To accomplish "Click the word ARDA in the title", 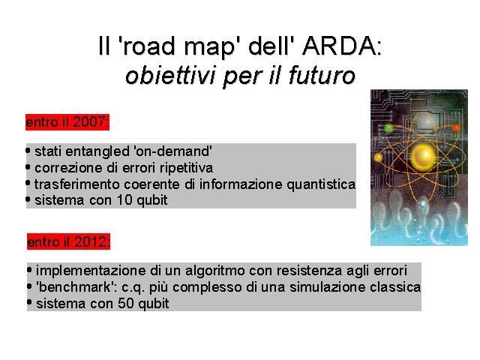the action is pyautogui.click(x=342, y=46).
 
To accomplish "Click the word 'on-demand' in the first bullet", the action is pyautogui.click(x=172, y=151).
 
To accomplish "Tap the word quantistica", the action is pyautogui.click(x=321, y=184).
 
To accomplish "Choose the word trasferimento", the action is pyautogui.click(x=76, y=184).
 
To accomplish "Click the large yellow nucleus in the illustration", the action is pyautogui.click(x=423, y=157).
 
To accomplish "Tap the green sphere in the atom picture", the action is pyautogui.click(x=388, y=127).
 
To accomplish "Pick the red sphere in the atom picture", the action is pyautogui.click(x=456, y=127).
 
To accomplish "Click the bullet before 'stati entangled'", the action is pyautogui.click(x=28, y=151).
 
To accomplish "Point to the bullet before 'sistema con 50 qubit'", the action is pyautogui.click(x=29, y=303).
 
